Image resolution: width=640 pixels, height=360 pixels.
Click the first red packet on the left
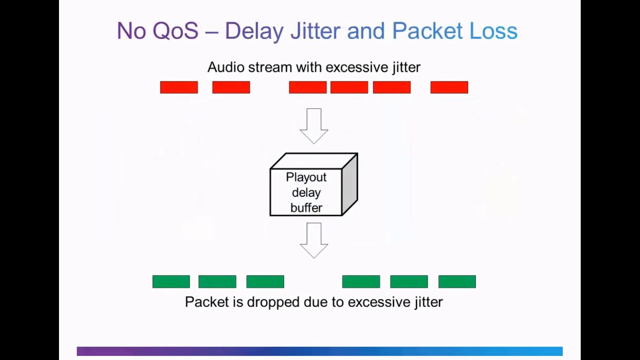click(x=179, y=87)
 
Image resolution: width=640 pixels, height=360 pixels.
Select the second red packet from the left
click(x=231, y=87)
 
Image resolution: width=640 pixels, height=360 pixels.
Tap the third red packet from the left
click(x=307, y=87)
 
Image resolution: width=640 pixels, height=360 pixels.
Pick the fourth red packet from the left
click(x=349, y=87)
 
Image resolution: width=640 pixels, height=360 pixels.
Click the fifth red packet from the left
click(x=391, y=87)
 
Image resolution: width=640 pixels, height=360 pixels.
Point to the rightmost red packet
click(x=449, y=87)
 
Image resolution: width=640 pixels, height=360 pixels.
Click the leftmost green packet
click(x=171, y=282)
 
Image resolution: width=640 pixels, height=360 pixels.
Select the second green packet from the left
click(x=217, y=282)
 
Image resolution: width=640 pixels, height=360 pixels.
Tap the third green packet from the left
click(x=265, y=282)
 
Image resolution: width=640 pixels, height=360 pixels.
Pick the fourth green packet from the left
click(x=361, y=282)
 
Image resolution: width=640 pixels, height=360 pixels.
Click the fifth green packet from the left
click(x=409, y=282)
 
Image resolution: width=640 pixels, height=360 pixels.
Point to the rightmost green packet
click(x=457, y=282)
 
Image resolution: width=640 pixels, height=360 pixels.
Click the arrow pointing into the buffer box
click(x=314, y=125)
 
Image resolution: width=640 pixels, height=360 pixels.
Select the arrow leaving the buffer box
click(x=314, y=240)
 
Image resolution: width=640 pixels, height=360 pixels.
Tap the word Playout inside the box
click(x=306, y=177)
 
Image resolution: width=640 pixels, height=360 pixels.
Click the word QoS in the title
click(x=175, y=31)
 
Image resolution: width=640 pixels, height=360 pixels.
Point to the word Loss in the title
click(x=493, y=31)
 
